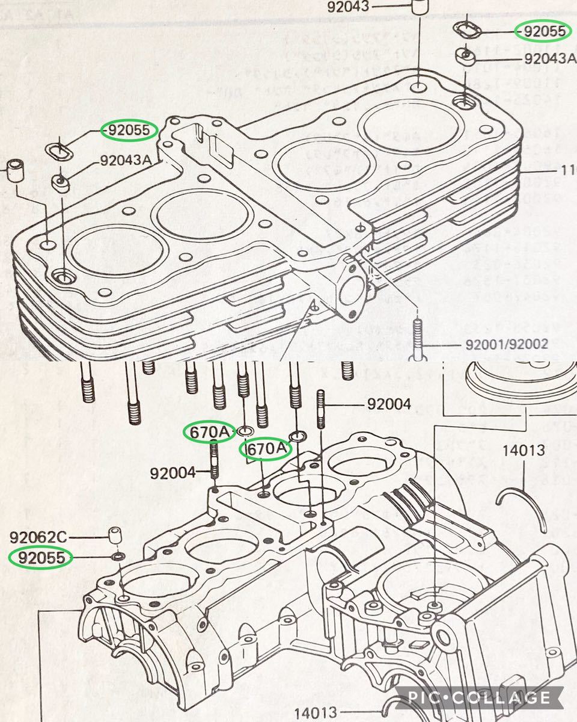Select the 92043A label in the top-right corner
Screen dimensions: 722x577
549,58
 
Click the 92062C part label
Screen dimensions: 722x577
40,534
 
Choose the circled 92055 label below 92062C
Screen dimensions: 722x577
41,558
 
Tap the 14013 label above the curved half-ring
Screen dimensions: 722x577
524,449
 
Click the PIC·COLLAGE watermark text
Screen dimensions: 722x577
478,698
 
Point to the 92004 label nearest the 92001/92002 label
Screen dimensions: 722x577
389,404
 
